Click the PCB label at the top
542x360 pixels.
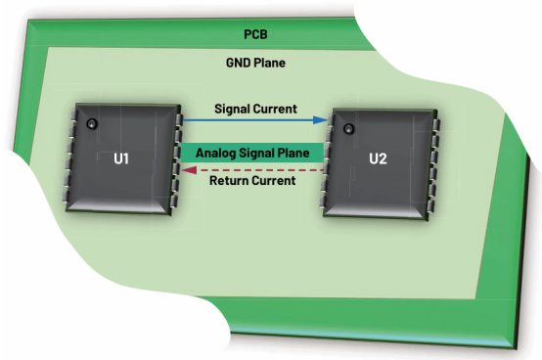coord(255,34)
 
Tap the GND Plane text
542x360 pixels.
coord(255,63)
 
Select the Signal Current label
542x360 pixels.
coord(255,109)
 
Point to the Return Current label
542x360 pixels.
coord(252,180)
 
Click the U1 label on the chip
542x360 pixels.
coord(121,158)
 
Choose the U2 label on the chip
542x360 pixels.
coord(378,158)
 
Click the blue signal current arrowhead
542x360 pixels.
coord(320,120)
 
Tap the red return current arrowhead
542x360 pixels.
coord(190,170)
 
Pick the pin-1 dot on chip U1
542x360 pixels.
coord(92,123)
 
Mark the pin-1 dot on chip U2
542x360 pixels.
coord(348,129)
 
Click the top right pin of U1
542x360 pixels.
coord(179,119)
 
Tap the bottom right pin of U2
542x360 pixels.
coord(431,206)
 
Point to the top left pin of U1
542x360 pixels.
coord(73,115)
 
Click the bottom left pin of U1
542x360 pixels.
coord(66,197)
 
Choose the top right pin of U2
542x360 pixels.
coord(436,124)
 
